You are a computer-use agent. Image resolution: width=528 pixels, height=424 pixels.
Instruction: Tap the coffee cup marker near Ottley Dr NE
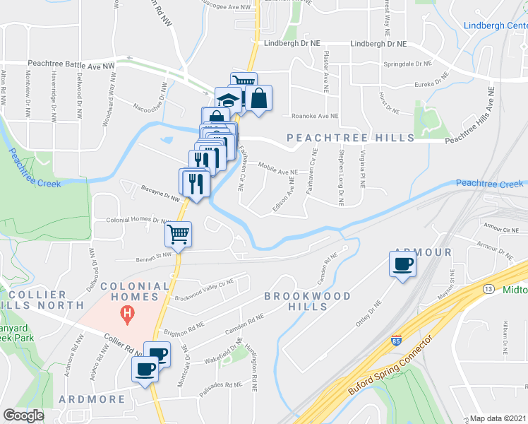402,264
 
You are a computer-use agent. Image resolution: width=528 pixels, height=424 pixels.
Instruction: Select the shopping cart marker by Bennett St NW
179,232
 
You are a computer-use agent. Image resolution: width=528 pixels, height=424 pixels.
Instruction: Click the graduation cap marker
227,98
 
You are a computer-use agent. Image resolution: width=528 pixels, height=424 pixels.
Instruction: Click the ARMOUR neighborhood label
423,252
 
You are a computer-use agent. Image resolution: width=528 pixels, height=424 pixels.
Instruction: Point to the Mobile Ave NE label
279,172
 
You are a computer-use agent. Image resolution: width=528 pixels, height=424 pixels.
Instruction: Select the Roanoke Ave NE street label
315,116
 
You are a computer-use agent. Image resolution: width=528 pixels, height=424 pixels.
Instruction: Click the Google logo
23,416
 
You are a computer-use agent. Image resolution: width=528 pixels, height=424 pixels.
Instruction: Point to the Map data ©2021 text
498,418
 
